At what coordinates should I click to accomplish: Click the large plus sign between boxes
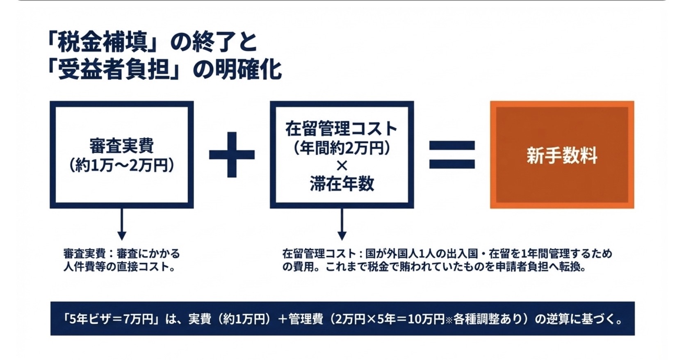coord(232,155)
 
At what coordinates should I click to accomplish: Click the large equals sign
coord(452,155)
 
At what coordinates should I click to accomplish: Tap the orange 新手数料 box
coord(562,155)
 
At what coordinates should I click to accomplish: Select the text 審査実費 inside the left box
coord(121,146)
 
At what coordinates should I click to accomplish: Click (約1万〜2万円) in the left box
coord(121,166)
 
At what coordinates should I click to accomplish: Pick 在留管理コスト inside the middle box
coord(342,129)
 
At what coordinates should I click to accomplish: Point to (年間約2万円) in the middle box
coord(342,148)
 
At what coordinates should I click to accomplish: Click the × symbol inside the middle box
coord(342,166)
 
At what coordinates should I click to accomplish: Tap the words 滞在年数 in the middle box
coord(342,184)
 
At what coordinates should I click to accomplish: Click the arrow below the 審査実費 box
coord(122,224)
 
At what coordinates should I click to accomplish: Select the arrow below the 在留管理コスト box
coord(342,224)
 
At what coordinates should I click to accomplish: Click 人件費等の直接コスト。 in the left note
coord(120,267)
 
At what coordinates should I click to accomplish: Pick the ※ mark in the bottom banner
coord(449,320)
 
